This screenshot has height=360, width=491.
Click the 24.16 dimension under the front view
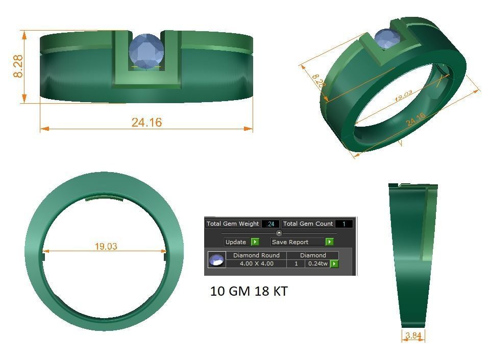[x=146, y=123]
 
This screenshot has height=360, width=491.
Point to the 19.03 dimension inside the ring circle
[x=106, y=246]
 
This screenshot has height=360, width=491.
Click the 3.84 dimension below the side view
[x=413, y=335]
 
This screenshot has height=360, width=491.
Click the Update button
[x=236, y=242]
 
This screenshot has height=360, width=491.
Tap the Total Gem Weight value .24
[x=271, y=224]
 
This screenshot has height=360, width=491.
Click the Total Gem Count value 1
[x=344, y=224]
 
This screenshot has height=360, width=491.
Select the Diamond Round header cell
[x=256, y=255]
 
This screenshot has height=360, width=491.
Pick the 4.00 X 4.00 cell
[x=256, y=263]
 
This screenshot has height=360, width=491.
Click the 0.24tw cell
[x=317, y=263]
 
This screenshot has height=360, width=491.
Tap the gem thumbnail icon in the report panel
[x=217, y=259]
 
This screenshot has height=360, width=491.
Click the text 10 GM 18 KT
[x=249, y=292]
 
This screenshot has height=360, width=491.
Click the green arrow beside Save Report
[x=330, y=242]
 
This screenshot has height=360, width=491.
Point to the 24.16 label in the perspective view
[x=416, y=119]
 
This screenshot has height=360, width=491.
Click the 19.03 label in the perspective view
[x=403, y=95]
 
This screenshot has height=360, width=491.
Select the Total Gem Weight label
[x=233, y=224]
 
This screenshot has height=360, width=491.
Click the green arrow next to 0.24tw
[x=334, y=263]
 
